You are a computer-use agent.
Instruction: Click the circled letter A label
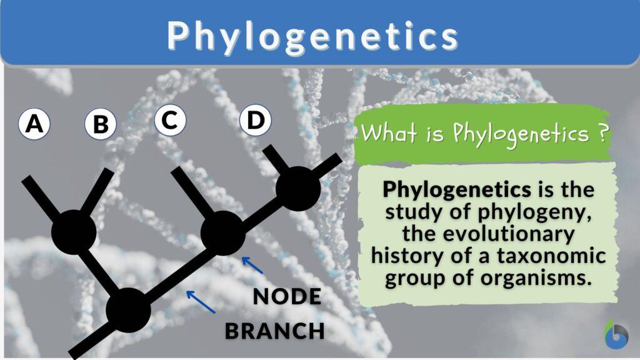click(34, 124)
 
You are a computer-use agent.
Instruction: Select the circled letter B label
click(100, 124)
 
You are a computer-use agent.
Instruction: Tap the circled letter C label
click(170, 120)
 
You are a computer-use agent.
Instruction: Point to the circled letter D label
click(255, 121)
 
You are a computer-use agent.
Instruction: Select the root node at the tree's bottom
click(128, 309)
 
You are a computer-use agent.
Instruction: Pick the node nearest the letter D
click(298, 188)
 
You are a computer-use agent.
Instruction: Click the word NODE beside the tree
click(287, 297)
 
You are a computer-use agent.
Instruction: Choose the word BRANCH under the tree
click(275, 331)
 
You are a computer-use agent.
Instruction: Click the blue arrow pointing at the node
click(252, 265)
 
